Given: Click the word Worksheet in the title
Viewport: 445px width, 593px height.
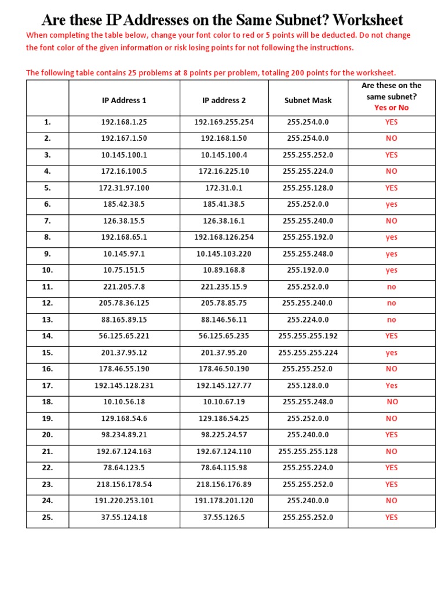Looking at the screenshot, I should [x=368, y=20].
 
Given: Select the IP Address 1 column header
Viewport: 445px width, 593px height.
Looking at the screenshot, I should [x=124, y=100].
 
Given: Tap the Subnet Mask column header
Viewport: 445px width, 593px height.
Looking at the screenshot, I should [x=308, y=100].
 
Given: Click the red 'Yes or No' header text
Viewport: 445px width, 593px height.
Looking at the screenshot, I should [x=391, y=108].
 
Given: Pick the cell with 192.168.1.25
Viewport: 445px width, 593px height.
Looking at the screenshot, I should [x=124, y=122].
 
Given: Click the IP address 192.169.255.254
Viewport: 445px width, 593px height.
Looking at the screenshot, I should [x=224, y=122].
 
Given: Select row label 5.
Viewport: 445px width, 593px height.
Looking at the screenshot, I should [x=48, y=188].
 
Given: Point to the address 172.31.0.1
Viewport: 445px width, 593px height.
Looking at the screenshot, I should [x=224, y=188].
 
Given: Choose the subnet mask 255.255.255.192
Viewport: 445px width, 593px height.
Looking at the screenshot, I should [x=308, y=336].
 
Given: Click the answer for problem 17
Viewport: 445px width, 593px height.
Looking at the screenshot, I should [x=391, y=386].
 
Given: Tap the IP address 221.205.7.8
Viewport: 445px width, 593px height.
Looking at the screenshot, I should [x=124, y=287].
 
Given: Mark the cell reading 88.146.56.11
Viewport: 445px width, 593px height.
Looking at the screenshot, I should [x=224, y=320].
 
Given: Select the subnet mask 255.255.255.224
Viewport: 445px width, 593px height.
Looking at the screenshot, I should [x=308, y=353].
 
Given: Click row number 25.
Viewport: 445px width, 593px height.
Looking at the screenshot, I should [x=48, y=518].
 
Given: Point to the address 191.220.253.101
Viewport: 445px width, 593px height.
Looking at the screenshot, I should [x=124, y=501].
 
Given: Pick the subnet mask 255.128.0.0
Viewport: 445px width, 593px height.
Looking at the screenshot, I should [x=308, y=386].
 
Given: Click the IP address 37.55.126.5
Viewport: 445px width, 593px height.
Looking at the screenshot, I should [x=224, y=518].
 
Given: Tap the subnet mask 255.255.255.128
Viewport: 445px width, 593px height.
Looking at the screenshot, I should [x=308, y=452].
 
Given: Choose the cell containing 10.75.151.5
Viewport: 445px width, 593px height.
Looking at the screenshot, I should [x=124, y=270].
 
